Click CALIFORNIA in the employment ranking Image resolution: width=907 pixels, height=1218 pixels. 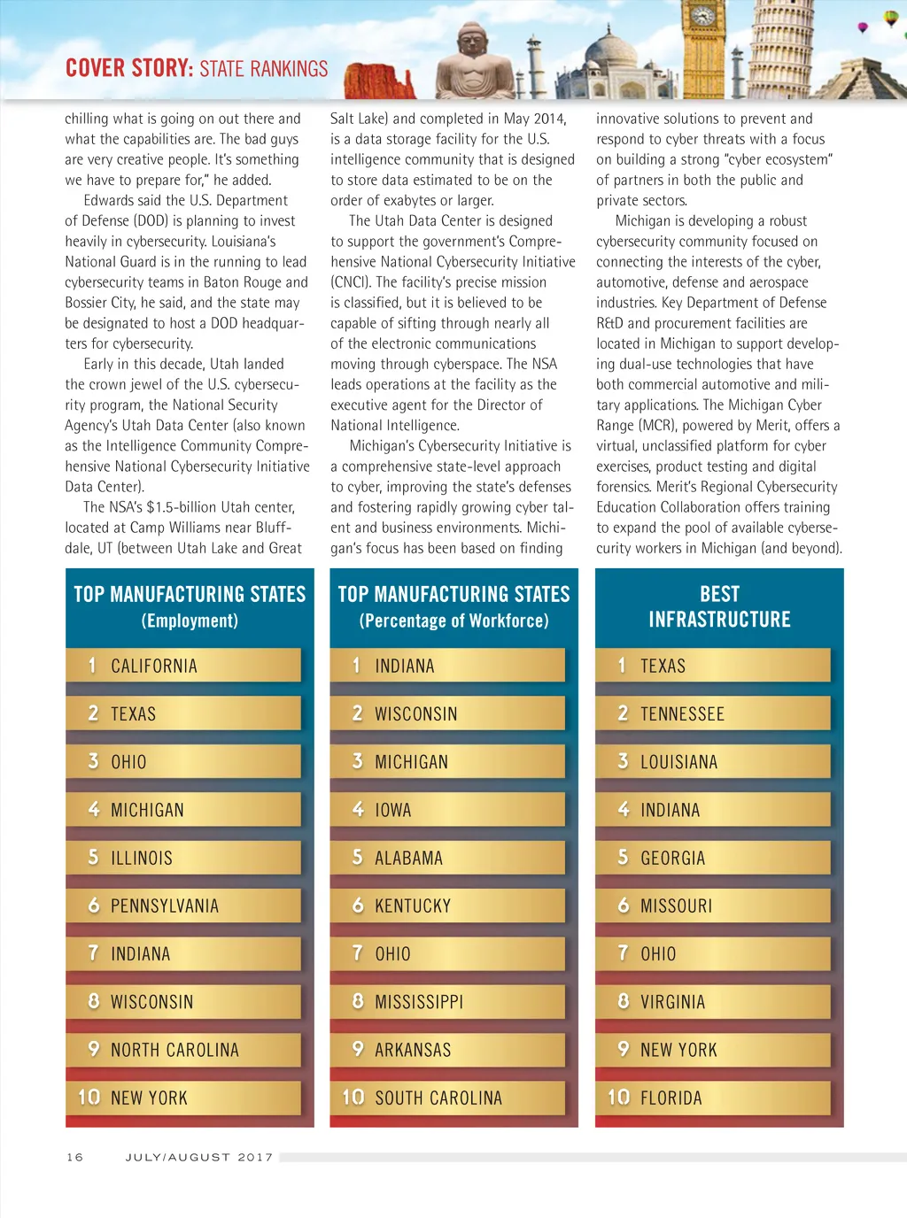(x=154, y=667)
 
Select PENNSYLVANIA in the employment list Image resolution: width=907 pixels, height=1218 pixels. (x=165, y=906)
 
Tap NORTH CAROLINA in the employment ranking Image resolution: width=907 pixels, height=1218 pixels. (x=174, y=1051)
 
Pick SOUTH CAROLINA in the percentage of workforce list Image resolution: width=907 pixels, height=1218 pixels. (x=438, y=1099)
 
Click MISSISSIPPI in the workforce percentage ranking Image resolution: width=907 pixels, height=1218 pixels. (x=419, y=1003)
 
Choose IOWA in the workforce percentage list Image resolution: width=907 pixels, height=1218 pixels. (x=393, y=811)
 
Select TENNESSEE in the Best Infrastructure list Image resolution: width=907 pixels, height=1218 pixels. (x=682, y=714)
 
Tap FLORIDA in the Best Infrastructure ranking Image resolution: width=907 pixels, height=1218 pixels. (x=671, y=1099)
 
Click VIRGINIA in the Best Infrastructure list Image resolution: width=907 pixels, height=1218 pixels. (x=673, y=1003)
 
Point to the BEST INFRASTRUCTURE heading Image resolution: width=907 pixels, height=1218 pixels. (x=719, y=606)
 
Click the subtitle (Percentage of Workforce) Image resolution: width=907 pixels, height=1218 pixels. (x=453, y=621)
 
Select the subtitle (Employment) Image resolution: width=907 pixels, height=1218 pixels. (x=190, y=621)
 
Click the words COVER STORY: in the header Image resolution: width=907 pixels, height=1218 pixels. (x=129, y=69)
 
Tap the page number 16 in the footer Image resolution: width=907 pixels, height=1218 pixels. (x=75, y=1157)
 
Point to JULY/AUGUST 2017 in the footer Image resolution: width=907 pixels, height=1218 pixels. (x=199, y=1157)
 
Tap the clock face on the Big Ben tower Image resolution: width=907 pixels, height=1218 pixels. (x=702, y=16)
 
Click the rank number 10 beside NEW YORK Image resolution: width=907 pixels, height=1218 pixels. (x=89, y=1098)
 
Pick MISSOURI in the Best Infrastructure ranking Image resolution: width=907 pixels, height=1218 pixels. (x=676, y=906)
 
